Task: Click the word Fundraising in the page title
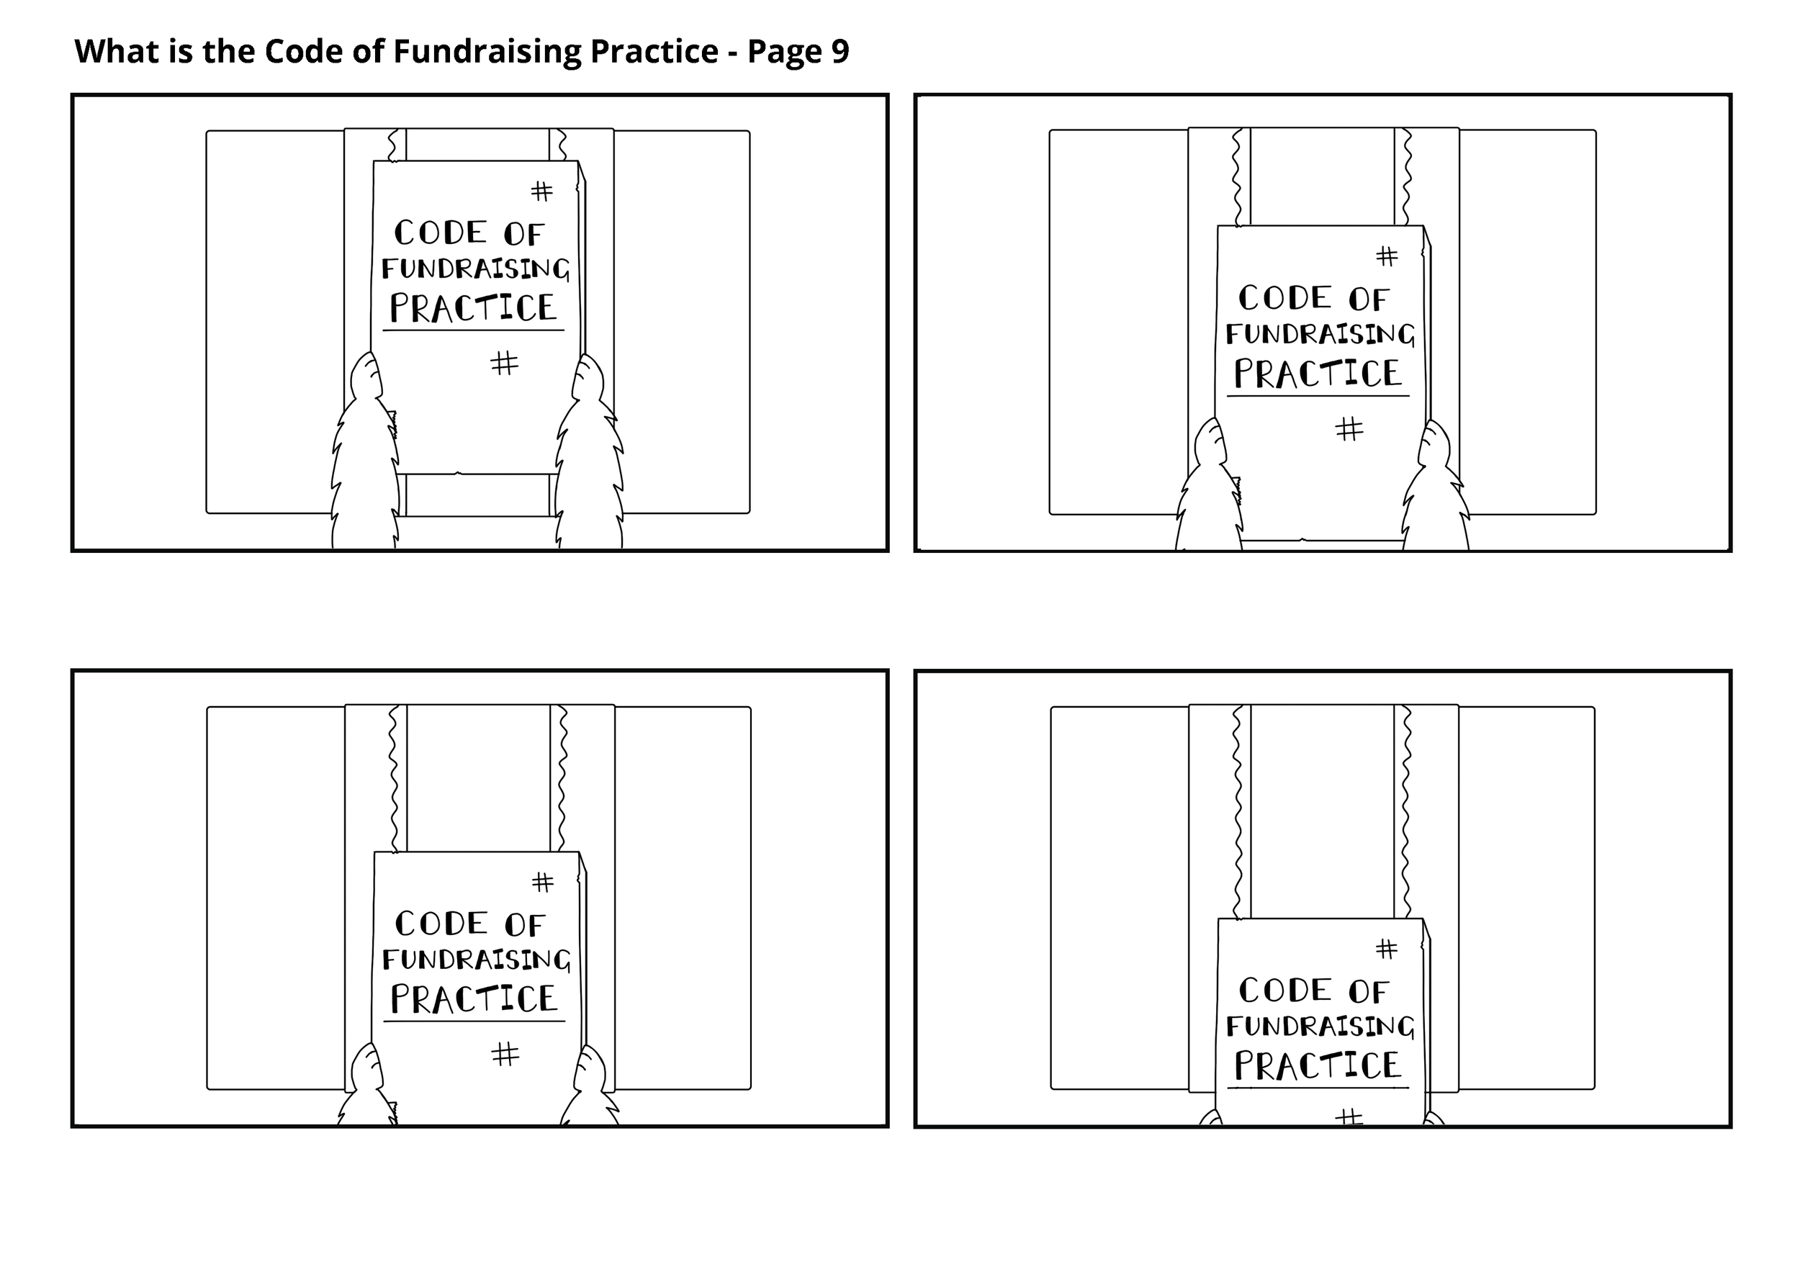(486, 52)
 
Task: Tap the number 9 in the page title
(840, 52)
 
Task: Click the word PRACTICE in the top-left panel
(474, 308)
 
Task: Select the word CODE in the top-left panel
(441, 233)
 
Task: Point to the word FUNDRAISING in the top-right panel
(1320, 335)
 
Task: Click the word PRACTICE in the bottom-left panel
(474, 999)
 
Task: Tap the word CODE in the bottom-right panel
(1285, 991)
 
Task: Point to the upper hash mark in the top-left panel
(541, 191)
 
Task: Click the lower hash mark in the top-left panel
(504, 363)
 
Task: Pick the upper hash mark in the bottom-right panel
(1386, 949)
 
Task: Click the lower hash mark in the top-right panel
(1349, 429)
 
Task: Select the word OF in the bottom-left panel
(524, 926)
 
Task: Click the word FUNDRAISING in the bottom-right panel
(1320, 1027)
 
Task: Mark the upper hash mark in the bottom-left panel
(542, 883)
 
